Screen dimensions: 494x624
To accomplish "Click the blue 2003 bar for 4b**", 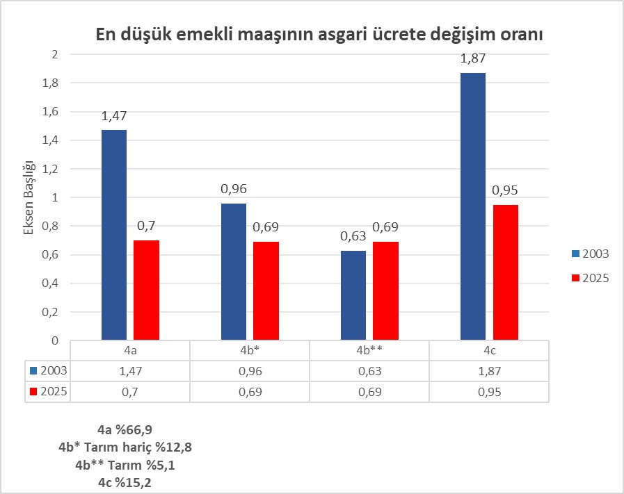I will [x=353, y=295].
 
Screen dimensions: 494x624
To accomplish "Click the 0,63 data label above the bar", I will [x=353, y=237].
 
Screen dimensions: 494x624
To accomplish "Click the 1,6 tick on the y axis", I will [x=51, y=112].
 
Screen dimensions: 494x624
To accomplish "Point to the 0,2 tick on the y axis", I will [x=51, y=312].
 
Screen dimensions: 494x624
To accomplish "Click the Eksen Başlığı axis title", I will [x=29, y=197].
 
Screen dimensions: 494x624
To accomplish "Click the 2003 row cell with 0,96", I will [x=250, y=371].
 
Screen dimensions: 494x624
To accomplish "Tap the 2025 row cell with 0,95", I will [x=489, y=391].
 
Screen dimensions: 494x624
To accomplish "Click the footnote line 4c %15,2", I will [x=125, y=481].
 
